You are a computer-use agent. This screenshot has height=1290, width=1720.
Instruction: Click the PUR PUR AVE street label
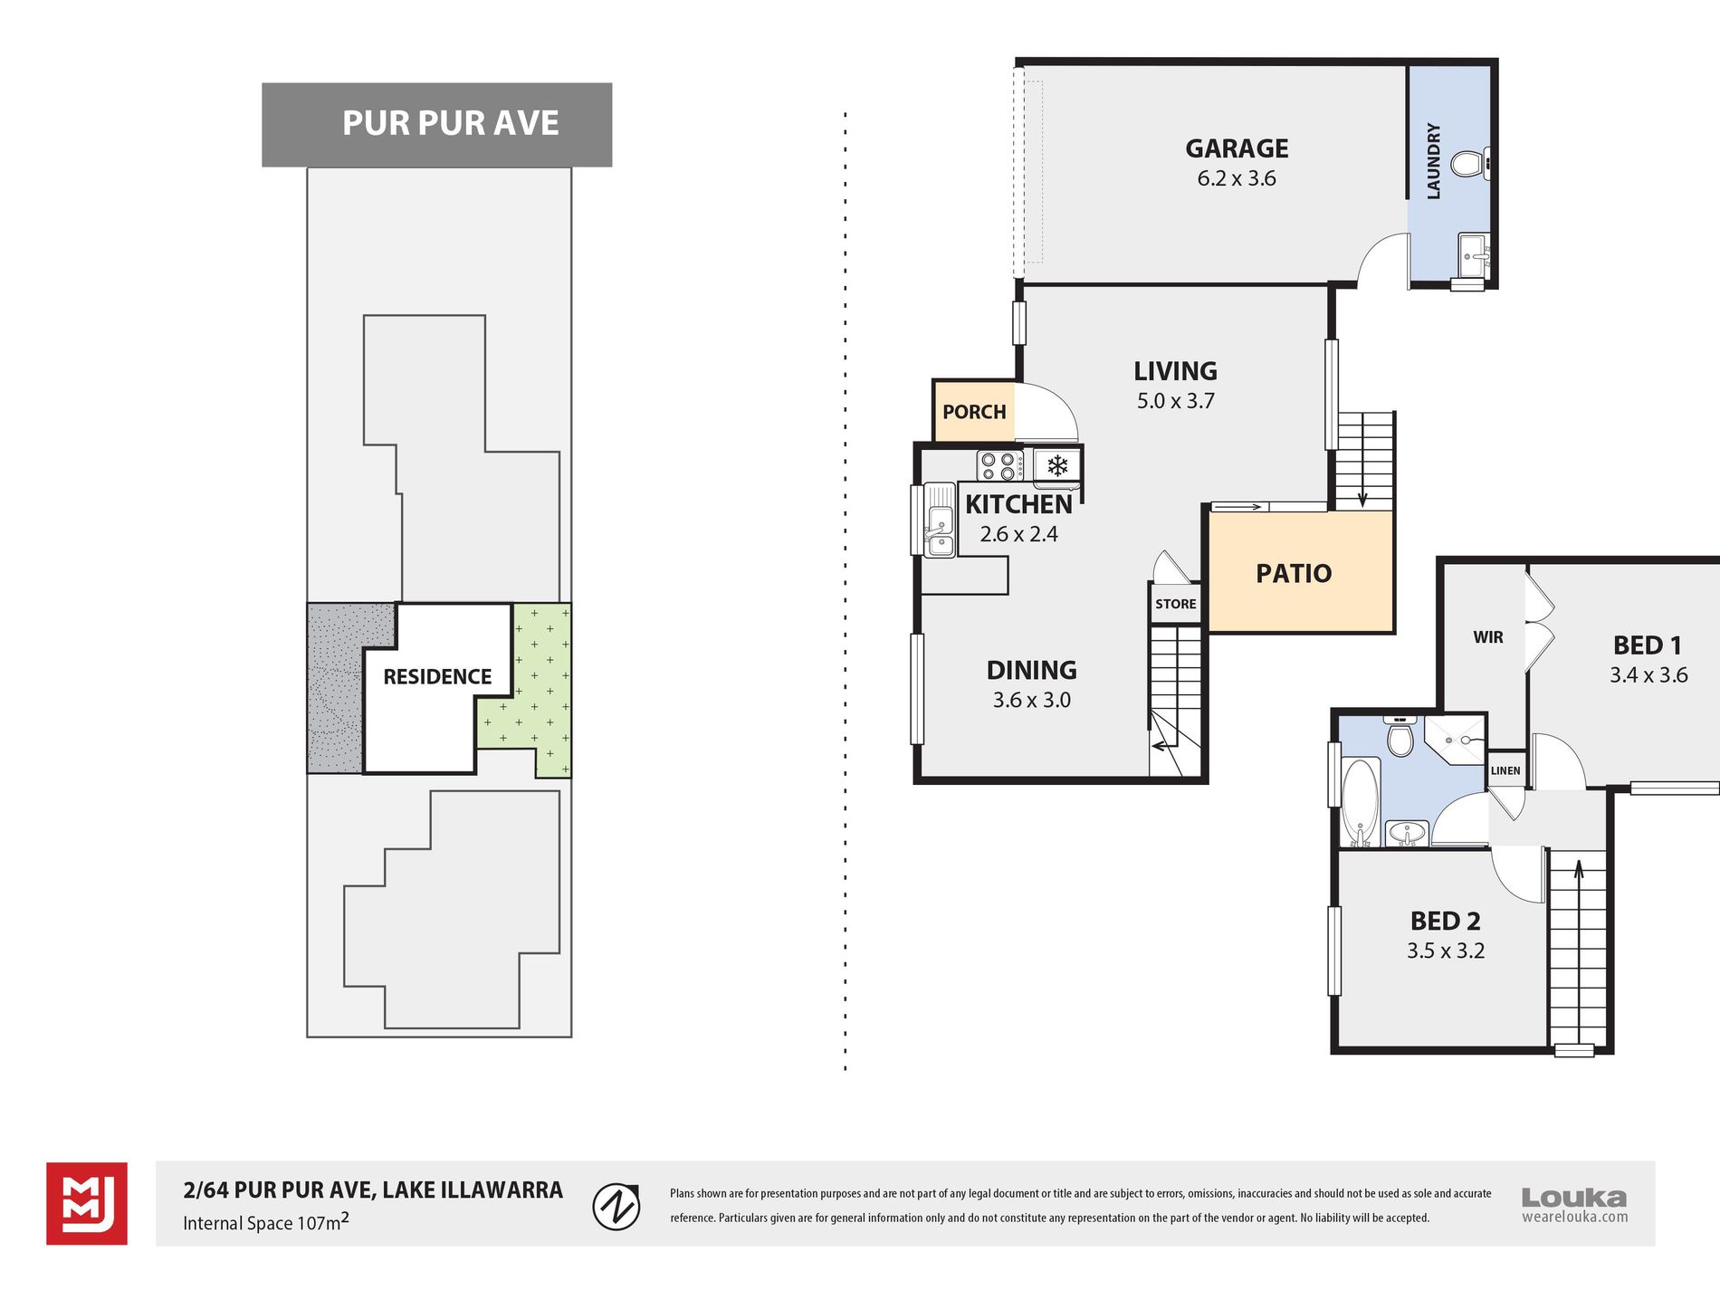pos(450,123)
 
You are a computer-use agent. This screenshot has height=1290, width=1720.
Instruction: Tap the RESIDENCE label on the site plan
pos(437,676)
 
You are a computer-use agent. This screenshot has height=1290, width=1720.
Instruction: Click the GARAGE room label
pos(1237,148)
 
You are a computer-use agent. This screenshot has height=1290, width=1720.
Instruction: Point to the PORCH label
pos(974,412)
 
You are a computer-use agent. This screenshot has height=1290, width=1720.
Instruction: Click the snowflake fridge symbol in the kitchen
pos(1056,466)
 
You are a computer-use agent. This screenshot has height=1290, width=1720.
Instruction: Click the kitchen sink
pos(939,531)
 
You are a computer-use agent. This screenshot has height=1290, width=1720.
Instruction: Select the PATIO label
pos(1294,573)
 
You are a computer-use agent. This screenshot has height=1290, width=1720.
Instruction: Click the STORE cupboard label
pos(1175,604)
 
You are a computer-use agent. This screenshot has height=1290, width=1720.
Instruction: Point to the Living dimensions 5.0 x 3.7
pos(1176,401)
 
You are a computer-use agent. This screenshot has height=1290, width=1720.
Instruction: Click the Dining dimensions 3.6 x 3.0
pos(1031,700)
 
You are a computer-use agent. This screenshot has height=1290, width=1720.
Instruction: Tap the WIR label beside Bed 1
pos(1487,637)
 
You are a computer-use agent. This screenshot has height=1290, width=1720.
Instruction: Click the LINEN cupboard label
pos(1505,770)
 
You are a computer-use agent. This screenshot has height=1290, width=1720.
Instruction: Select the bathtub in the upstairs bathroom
pos(1359,802)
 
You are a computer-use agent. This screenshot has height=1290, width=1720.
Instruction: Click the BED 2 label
pos(1445,922)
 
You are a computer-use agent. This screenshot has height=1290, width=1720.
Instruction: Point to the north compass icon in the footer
pos(616,1206)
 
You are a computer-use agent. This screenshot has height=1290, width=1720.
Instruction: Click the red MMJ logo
pos(87,1203)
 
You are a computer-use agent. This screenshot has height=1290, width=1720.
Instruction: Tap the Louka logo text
pos(1574,1198)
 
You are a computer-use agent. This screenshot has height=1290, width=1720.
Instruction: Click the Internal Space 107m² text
pos(265,1222)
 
